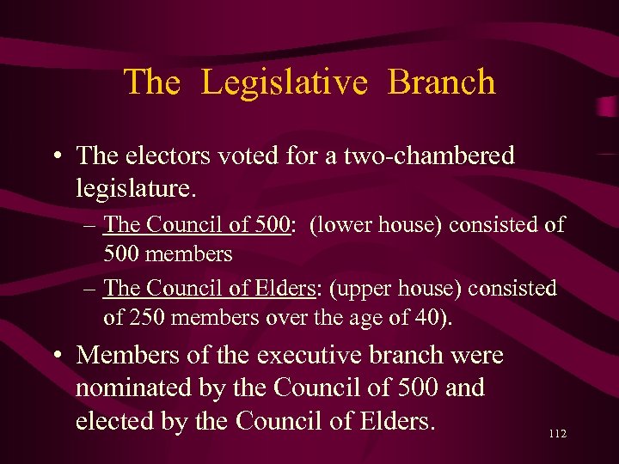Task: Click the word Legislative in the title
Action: [285, 82]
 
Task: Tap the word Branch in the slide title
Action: [442, 82]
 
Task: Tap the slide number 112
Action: [556, 435]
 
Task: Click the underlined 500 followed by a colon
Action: [274, 225]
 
